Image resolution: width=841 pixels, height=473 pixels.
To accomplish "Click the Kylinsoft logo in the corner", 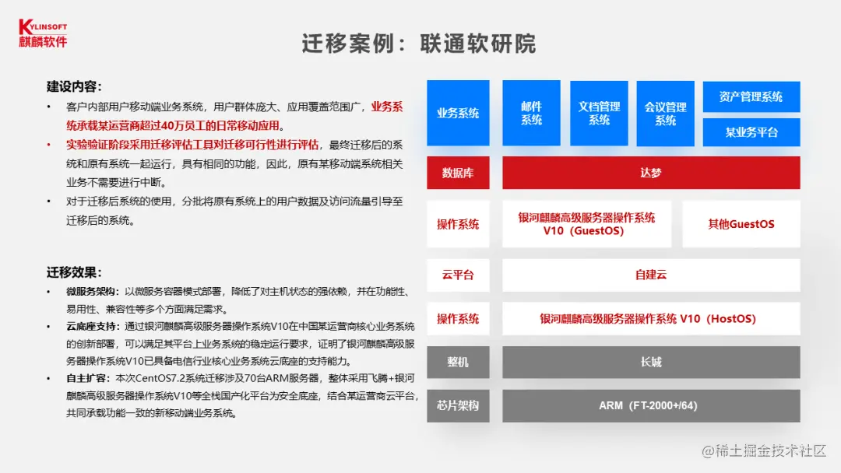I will point(44,33).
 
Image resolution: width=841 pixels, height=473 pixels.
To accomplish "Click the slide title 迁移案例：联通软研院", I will point(419,44).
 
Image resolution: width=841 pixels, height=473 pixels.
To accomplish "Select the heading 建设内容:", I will point(75,86).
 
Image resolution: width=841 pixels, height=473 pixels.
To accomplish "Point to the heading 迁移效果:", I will point(75,272).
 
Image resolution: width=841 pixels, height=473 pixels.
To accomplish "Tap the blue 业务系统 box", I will point(458,113).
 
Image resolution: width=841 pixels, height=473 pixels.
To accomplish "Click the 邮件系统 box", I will point(531,113).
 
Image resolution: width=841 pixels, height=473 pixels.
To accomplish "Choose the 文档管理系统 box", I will point(599,113).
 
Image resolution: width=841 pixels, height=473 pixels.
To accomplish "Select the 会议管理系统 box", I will point(665,113).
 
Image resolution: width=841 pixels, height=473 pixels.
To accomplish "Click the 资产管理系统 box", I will point(751,96).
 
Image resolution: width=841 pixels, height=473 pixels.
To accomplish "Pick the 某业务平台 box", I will point(751,132).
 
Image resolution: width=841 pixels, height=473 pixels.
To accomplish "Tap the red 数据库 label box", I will point(458,173).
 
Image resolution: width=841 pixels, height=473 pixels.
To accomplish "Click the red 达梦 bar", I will point(650,173).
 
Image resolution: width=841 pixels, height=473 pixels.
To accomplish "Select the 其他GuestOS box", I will point(741,224).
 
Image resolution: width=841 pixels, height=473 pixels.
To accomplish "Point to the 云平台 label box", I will point(458,275).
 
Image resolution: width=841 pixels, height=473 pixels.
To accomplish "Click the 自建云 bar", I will point(650,275).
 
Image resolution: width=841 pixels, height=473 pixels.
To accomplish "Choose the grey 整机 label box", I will point(458,362).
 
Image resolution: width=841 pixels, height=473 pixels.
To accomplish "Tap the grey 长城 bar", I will point(650,362).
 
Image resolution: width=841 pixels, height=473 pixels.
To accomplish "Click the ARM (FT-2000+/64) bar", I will point(650,405).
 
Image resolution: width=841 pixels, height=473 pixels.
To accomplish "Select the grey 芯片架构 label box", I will point(458,405).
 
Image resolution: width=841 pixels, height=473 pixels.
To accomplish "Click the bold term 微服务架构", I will point(91,291).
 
